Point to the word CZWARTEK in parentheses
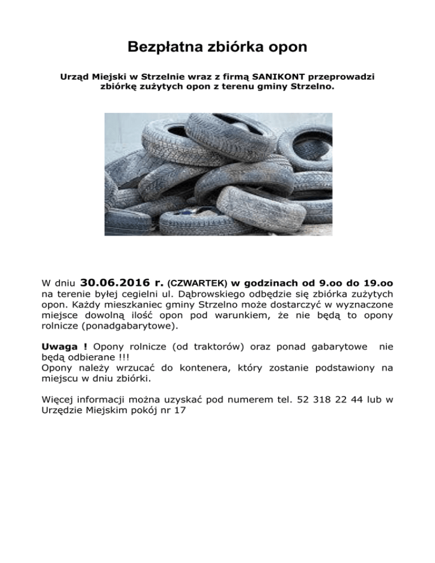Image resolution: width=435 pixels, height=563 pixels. pyautogui.click(x=198, y=283)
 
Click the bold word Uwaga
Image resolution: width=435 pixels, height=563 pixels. pyautogui.click(x=62, y=346)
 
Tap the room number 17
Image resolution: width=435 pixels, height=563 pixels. pyautogui.click(x=180, y=411)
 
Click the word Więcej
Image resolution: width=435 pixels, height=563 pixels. pyautogui.click(x=58, y=399)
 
